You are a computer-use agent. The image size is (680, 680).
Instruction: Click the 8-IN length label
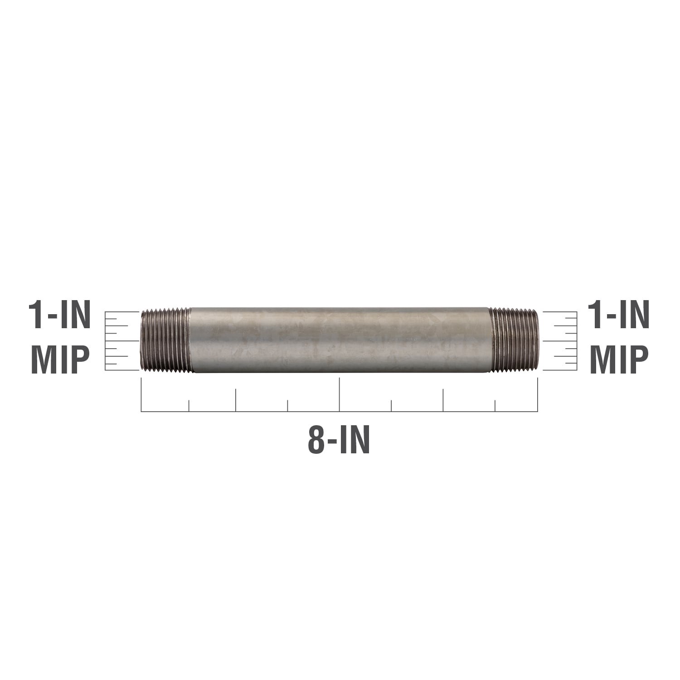point(339,440)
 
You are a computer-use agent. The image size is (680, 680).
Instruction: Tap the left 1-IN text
point(59,316)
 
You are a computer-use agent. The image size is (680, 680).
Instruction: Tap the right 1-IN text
point(618,316)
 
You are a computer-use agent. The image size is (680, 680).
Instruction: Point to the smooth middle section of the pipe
point(340,340)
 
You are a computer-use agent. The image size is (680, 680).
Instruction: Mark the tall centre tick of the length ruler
point(339,394)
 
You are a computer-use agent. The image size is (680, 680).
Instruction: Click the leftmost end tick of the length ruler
point(141,394)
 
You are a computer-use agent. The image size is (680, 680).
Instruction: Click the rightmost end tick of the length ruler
point(538,394)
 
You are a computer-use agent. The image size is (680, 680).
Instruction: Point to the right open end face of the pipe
point(537,340)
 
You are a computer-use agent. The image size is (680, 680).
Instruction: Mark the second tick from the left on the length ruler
point(189,406)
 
